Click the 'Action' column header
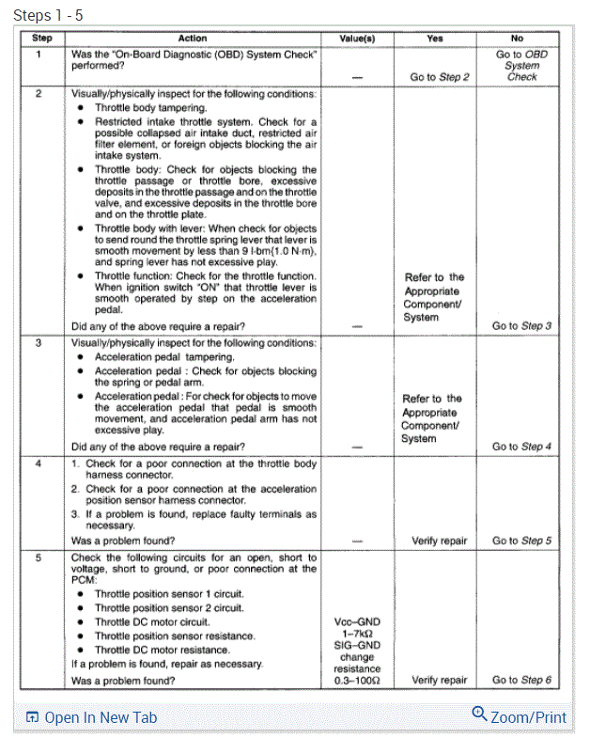[x=193, y=39]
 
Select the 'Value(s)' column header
[x=356, y=39]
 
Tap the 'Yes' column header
[x=434, y=39]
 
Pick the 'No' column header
[x=517, y=39]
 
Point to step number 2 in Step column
[x=39, y=94]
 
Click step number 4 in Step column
[x=39, y=463]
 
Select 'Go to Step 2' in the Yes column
[x=440, y=77]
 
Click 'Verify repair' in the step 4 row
[x=439, y=541]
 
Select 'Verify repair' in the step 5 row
[x=439, y=680]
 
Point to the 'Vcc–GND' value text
[x=356, y=621]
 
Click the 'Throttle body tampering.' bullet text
[x=150, y=108]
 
